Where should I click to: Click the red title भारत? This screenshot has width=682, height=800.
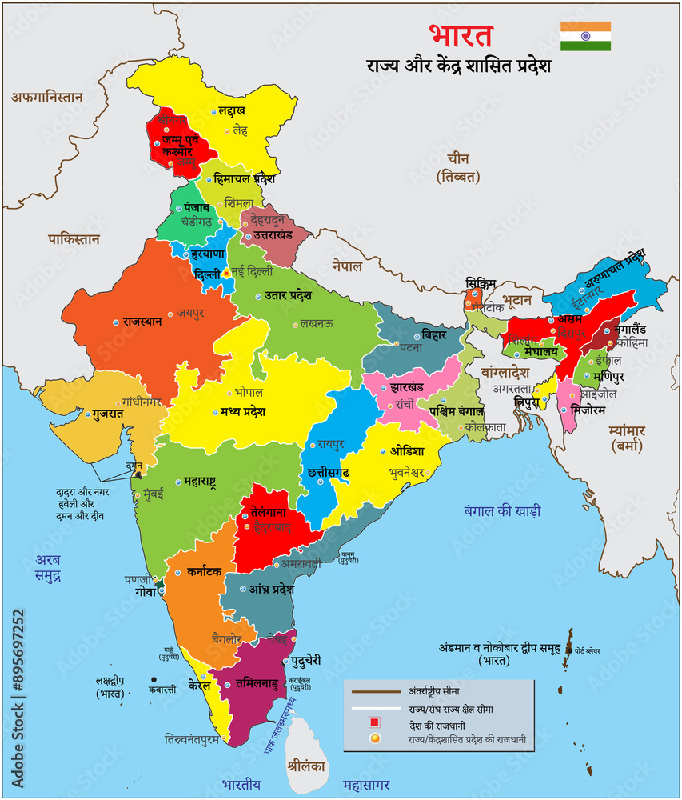click(x=461, y=36)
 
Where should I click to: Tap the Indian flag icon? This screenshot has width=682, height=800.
click(x=585, y=36)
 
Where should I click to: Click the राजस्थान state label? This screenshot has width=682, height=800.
click(x=142, y=322)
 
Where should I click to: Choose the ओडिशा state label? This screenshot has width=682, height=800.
click(x=407, y=450)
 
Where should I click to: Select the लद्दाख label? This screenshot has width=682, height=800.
click(x=232, y=110)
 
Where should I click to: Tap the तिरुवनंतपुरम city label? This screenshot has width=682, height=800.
click(x=203, y=739)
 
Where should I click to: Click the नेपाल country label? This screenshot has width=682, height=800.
click(x=348, y=266)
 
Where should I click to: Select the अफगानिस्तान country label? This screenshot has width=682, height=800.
click(x=47, y=97)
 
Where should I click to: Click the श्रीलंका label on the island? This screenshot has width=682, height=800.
click(x=308, y=763)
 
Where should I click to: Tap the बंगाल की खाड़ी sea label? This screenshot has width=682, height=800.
click(x=502, y=510)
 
